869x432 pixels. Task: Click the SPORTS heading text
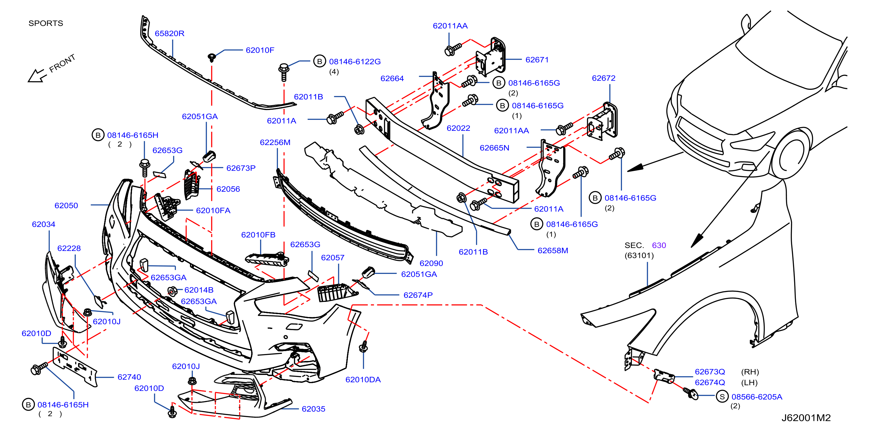coord(46,23)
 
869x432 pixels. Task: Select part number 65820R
coord(169,33)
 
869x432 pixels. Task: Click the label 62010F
coord(260,50)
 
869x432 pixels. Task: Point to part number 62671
coord(537,60)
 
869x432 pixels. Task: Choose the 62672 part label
coord(604,78)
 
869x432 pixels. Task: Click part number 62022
coord(458,128)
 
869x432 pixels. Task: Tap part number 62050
coord(66,205)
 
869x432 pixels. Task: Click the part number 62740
coord(129,377)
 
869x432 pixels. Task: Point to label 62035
coord(313,409)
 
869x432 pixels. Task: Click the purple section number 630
coord(659,245)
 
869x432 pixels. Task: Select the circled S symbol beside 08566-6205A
coord(722,396)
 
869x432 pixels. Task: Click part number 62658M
coord(553,250)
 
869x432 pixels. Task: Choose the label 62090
coord(431,263)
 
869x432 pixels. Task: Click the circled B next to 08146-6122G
coord(320,61)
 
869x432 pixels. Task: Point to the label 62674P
coord(418,295)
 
